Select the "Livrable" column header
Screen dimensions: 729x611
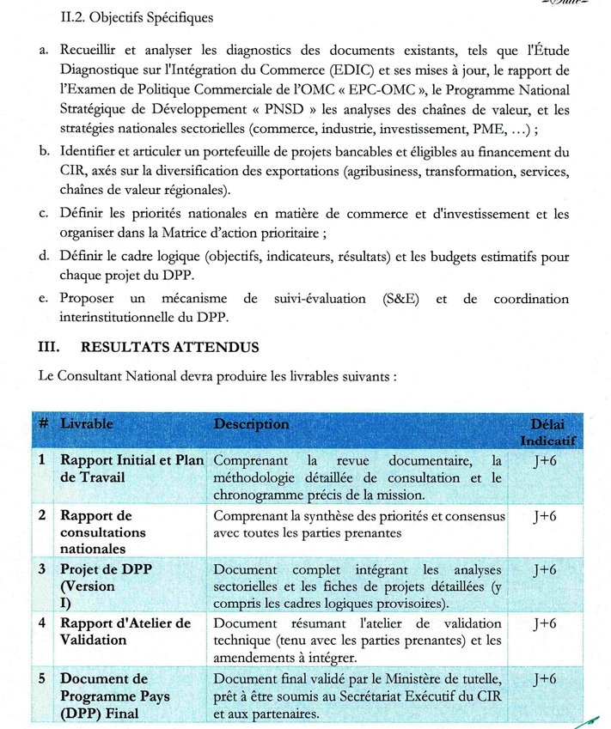point(87,424)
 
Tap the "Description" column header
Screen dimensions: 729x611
point(251,424)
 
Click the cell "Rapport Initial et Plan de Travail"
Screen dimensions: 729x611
point(131,468)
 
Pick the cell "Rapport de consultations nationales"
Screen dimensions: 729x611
point(103,532)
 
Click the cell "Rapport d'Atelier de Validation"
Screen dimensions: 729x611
point(125,631)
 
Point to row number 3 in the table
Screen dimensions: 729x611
point(42,569)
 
